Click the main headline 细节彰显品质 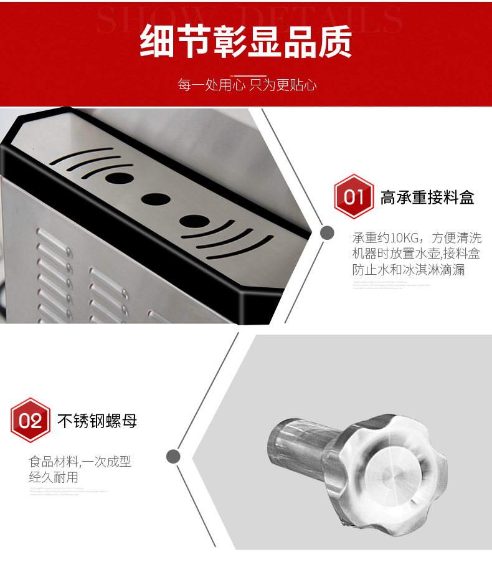pyautogui.click(x=246, y=42)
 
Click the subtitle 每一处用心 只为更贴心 pyautogui.click(x=247, y=85)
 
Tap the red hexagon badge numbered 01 pyautogui.click(x=354, y=197)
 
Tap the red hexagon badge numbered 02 pyautogui.click(x=31, y=421)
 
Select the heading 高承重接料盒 pyautogui.click(x=427, y=198)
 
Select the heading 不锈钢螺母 pyautogui.click(x=97, y=421)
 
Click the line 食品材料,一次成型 pyautogui.click(x=80, y=462)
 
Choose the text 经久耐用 pyautogui.click(x=54, y=478)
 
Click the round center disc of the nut pyautogui.click(x=393, y=472)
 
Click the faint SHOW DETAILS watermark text pyautogui.click(x=249, y=19)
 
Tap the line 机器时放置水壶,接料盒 pyautogui.click(x=417, y=254)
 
